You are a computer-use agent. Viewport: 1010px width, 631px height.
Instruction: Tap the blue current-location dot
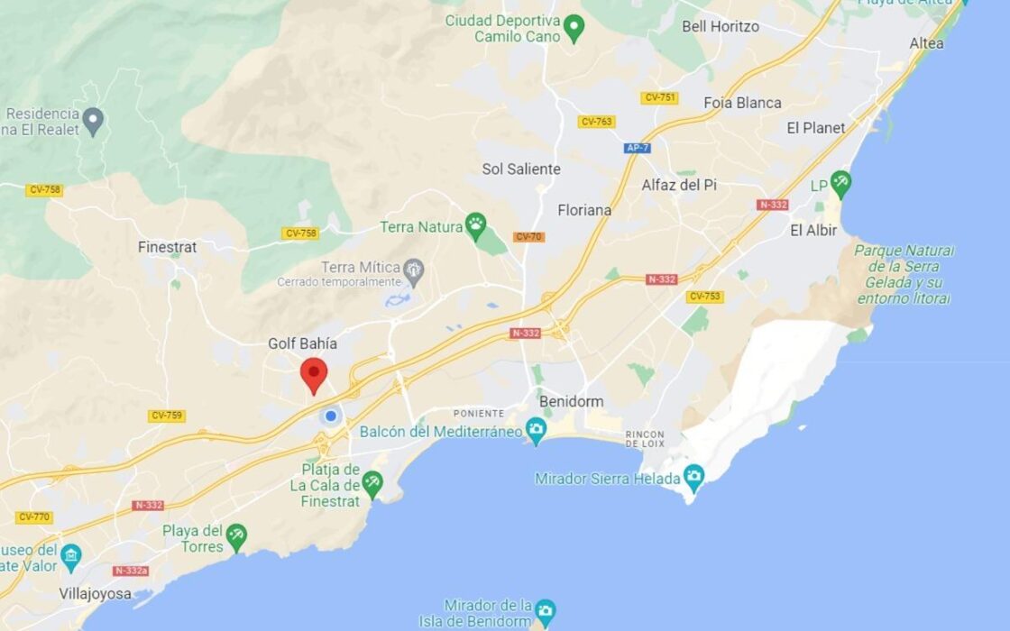[331, 416]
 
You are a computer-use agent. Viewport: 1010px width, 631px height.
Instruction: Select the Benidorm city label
[571, 401]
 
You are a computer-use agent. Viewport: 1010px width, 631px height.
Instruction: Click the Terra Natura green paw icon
[475, 226]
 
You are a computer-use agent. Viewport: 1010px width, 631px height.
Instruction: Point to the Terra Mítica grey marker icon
[414, 268]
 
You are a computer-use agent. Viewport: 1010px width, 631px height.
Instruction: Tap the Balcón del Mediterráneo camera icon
[537, 431]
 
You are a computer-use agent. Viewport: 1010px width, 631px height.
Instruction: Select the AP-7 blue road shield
[637, 147]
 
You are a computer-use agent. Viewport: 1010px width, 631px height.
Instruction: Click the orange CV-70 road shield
[528, 237]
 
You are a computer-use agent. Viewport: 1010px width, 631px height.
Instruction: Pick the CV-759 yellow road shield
[167, 416]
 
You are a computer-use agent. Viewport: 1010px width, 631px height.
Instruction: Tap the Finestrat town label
[167, 247]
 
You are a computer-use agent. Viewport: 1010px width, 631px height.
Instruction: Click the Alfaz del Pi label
[679, 185]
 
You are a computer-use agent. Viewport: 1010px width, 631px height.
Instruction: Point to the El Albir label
[813, 231]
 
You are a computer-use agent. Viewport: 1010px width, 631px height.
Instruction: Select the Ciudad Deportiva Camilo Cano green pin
[574, 32]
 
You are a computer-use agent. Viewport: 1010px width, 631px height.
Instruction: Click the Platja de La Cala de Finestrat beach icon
[372, 484]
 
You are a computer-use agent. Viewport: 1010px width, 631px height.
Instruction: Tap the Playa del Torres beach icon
[236, 536]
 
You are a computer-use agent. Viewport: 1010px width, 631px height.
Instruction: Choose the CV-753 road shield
[704, 297]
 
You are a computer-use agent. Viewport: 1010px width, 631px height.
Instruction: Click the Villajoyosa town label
[95, 594]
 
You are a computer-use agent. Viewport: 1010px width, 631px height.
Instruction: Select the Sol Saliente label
[521, 169]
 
